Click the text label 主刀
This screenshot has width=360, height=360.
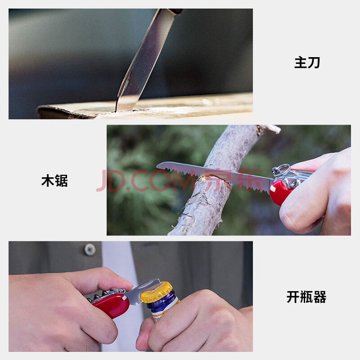[307, 63]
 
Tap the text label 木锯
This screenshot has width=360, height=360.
[54, 180]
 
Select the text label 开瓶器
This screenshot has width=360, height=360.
[306, 297]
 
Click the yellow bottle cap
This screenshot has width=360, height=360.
[156, 292]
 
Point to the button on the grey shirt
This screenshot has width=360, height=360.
[90, 250]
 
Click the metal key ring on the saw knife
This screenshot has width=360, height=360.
[281, 170]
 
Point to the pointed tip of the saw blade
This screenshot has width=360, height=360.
[157, 165]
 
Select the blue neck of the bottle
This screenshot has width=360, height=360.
[162, 302]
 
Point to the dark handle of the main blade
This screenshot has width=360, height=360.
[175, 11]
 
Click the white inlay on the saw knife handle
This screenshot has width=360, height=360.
[273, 188]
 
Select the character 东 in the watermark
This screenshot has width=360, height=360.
[250, 180]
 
